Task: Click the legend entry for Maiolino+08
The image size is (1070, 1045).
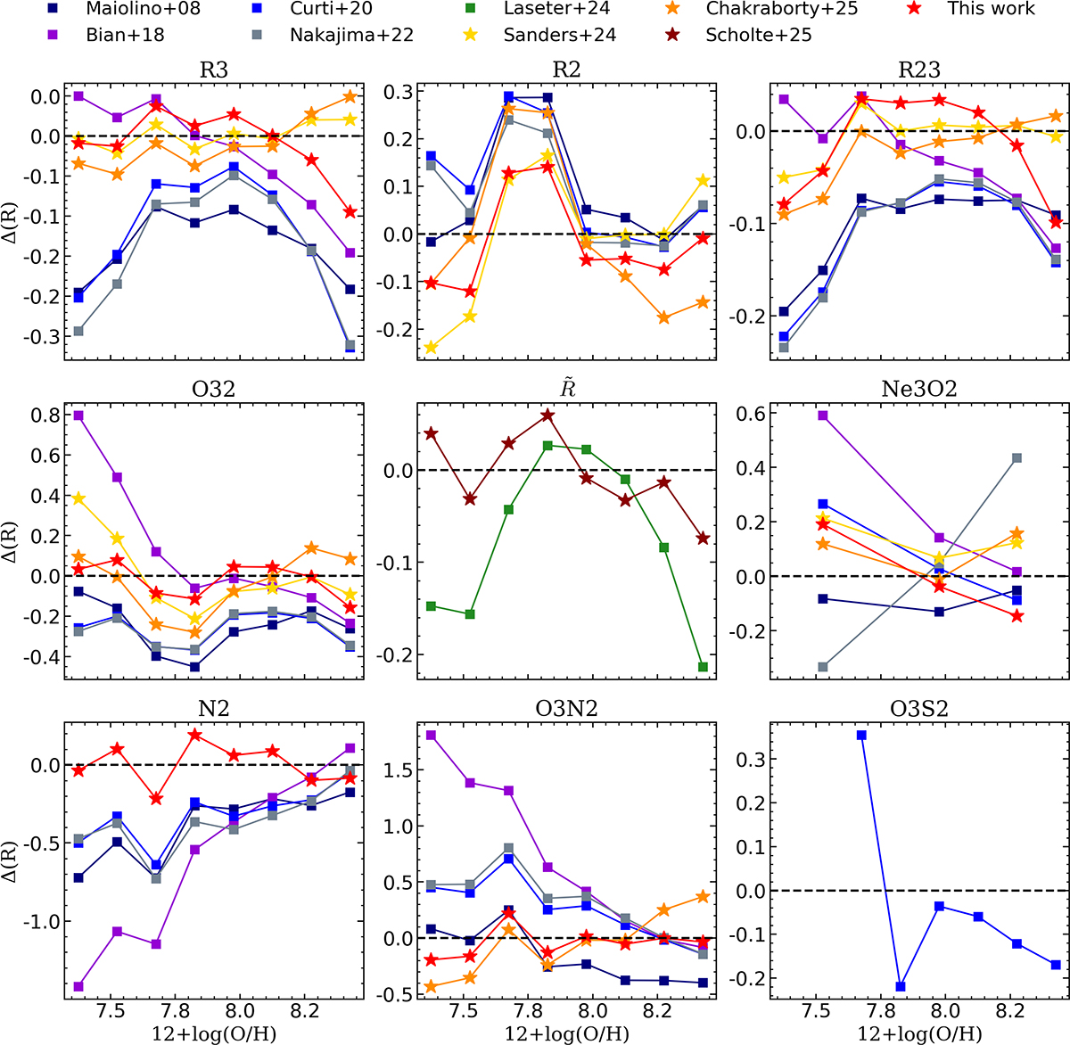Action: [x=143, y=9]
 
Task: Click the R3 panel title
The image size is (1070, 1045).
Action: [x=214, y=70]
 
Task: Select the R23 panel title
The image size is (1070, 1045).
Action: [x=918, y=70]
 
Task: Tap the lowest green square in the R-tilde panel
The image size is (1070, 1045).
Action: [x=703, y=667]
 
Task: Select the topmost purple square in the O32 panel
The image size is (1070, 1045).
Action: [x=78, y=416]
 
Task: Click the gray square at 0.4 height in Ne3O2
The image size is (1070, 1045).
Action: [x=1017, y=458]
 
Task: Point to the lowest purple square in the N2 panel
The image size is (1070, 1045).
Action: [x=78, y=986]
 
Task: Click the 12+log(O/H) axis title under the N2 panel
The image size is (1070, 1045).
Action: [x=214, y=1034]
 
